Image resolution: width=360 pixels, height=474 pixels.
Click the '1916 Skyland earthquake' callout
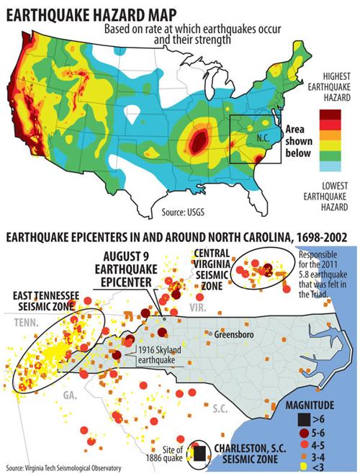161,352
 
